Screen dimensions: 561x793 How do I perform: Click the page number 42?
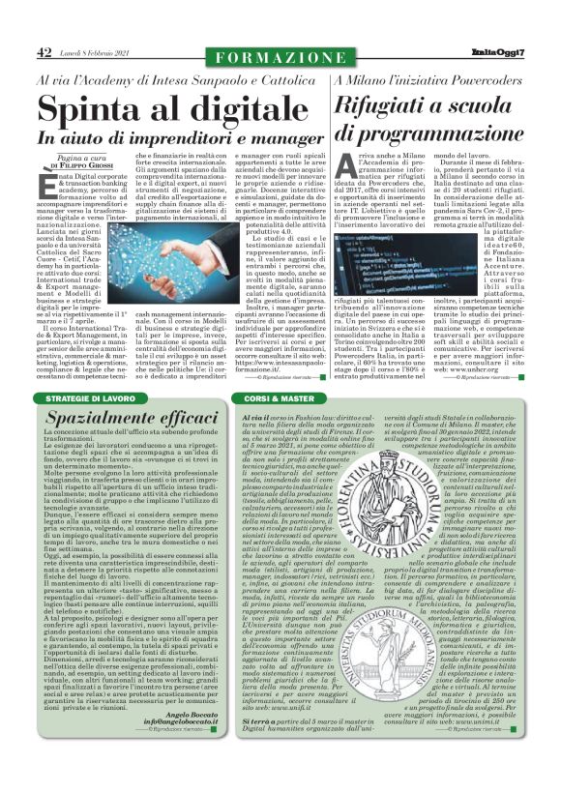[44, 52]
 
